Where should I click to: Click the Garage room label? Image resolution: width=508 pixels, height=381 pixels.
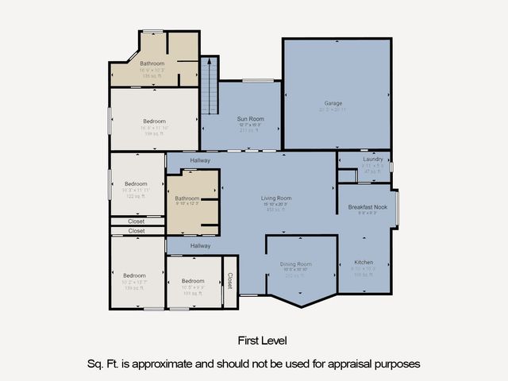[x=333, y=103]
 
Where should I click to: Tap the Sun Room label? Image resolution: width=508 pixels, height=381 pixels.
[x=250, y=119]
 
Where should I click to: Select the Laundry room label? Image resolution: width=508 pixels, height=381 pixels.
[x=373, y=160]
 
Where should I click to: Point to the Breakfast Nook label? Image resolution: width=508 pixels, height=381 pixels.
[x=368, y=207]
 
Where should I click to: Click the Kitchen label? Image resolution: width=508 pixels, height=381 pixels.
[x=364, y=262]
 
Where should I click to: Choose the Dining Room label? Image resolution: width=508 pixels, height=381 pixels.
[x=296, y=264]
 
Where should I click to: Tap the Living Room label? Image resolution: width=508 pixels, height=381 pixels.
[x=277, y=198]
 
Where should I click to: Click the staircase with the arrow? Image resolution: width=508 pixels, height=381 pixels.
[x=209, y=87]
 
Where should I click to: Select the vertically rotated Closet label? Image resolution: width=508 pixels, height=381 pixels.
[x=230, y=281]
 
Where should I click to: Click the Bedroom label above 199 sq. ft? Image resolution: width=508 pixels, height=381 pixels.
[x=154, y=121]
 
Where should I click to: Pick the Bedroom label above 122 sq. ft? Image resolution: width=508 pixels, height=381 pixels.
[x=136, y=184]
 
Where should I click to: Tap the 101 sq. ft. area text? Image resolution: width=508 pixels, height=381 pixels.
[x=193, y=294]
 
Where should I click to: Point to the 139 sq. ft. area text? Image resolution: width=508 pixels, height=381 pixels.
[x=134, y=288]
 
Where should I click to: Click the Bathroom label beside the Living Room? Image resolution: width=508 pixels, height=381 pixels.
[x=187, y=198]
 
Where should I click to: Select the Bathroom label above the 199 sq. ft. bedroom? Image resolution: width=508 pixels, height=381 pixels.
[x=152, y=63]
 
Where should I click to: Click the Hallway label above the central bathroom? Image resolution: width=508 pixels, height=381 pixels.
[x=200, y=160]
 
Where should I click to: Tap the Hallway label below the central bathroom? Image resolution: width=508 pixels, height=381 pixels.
[x=200, y=246]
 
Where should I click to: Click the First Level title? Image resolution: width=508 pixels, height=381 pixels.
[x=263, y=341]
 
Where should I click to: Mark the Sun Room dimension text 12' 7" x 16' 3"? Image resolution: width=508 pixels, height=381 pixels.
[x=250, y=125]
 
